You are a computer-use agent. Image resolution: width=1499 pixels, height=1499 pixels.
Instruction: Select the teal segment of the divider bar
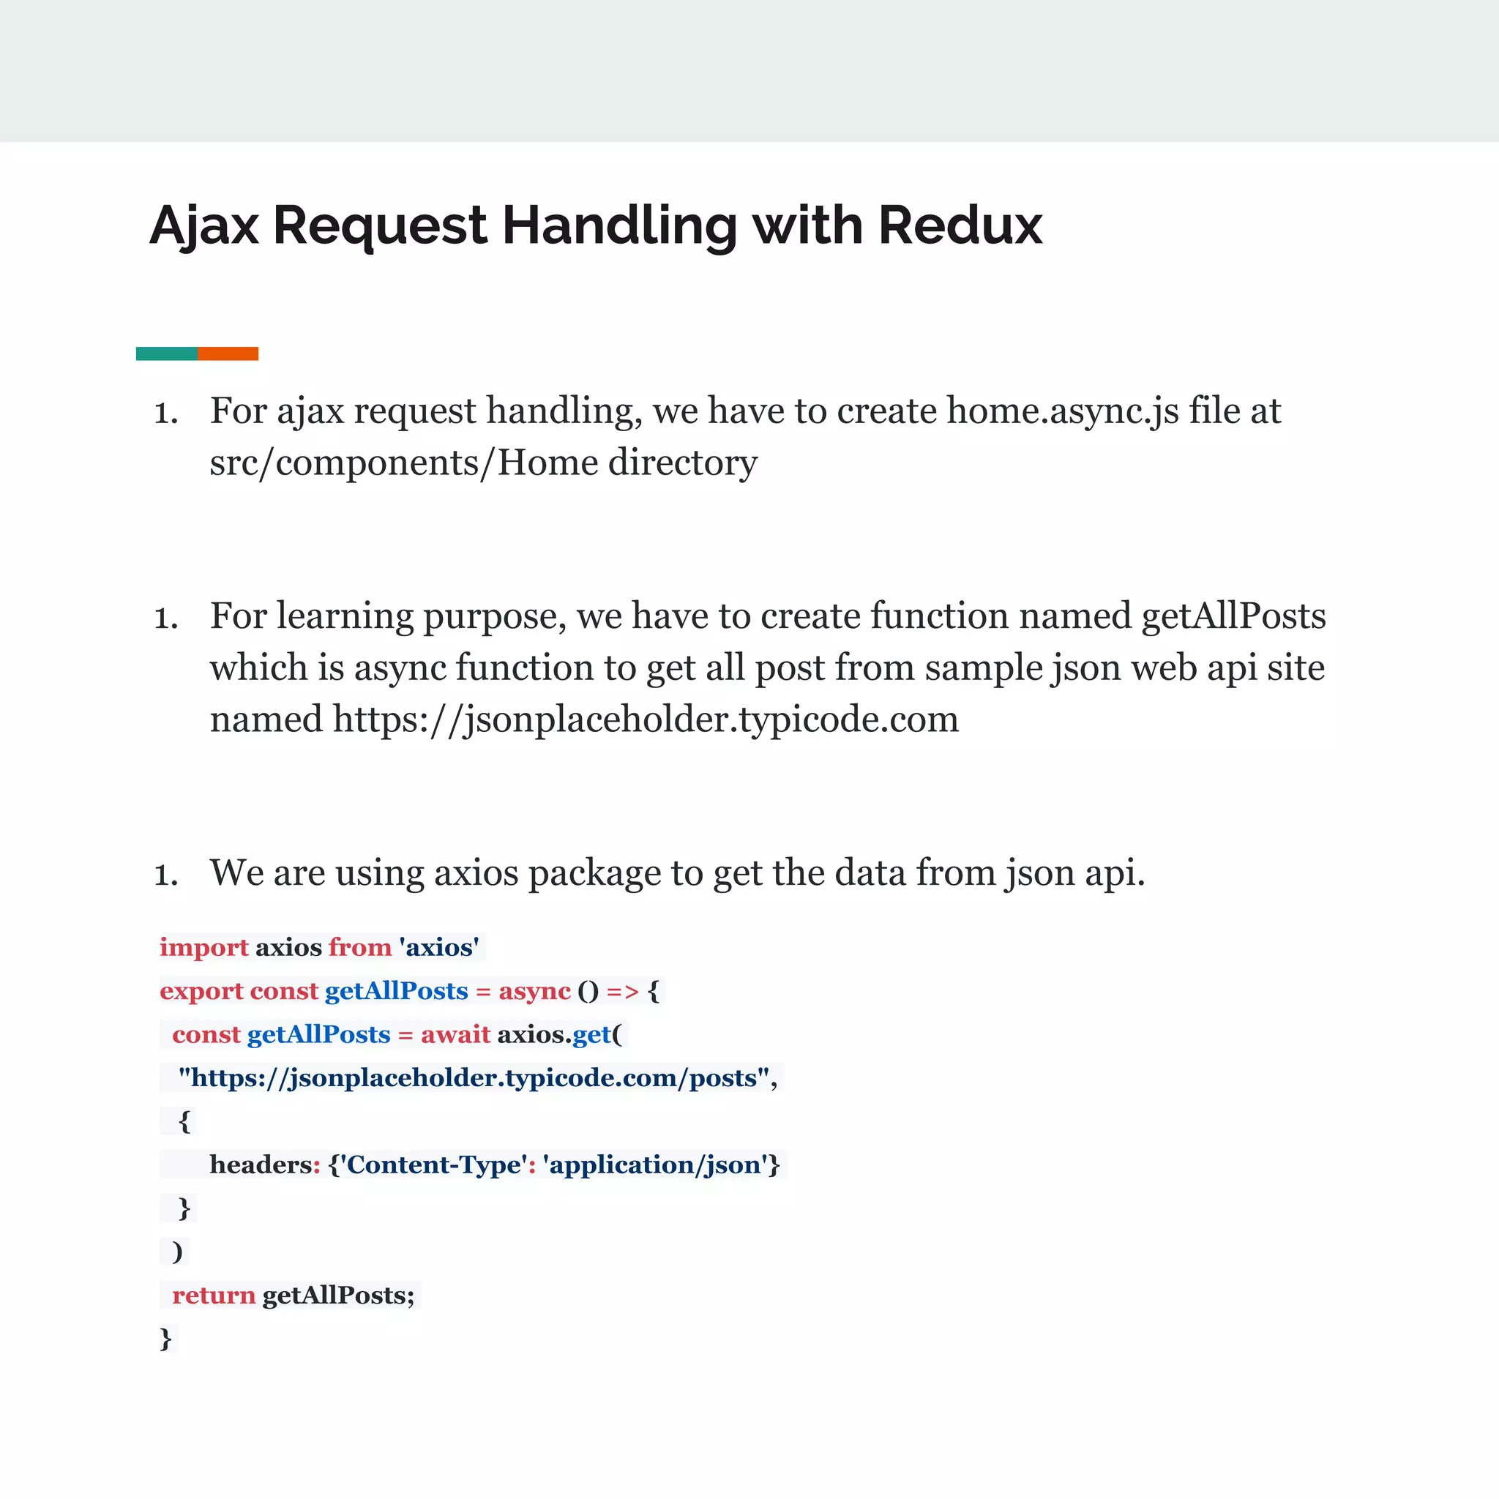167,354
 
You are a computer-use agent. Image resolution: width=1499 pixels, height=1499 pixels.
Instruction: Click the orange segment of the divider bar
228,354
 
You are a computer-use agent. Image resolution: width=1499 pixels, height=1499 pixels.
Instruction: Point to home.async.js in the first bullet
1063,411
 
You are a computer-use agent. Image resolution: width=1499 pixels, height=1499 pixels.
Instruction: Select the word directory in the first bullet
683,463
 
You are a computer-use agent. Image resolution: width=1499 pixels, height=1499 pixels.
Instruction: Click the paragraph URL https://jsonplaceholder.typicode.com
646,719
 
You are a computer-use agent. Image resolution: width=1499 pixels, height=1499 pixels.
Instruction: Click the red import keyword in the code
204,947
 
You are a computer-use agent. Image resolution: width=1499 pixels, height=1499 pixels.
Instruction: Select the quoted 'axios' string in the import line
439,947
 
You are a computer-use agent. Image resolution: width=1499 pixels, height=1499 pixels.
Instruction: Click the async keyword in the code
534,991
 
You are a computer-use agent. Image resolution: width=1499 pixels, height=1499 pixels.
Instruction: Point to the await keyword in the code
455,1034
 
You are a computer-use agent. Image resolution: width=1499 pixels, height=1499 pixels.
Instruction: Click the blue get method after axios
592,1034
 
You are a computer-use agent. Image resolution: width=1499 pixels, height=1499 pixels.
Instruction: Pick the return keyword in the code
214,1295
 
